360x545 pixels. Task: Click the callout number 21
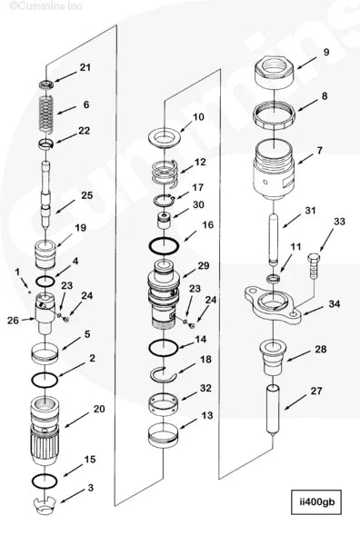pos(85,68)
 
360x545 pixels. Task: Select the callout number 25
pos(87,195)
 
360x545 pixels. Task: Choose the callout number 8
pos(325,95)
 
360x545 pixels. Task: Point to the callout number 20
pos(98,410)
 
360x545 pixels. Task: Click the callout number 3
pos(89,489)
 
